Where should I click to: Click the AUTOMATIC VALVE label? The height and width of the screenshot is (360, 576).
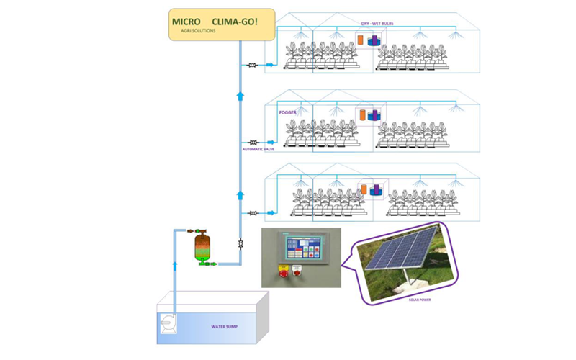(255, 150)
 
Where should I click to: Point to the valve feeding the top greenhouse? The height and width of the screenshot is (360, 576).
(252, 66)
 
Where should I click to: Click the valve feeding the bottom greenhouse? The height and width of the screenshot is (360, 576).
(252, 213)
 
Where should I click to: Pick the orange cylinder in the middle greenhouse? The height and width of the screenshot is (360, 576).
(362, 114)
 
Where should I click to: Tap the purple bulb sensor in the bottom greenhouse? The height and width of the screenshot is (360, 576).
(374, 192)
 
